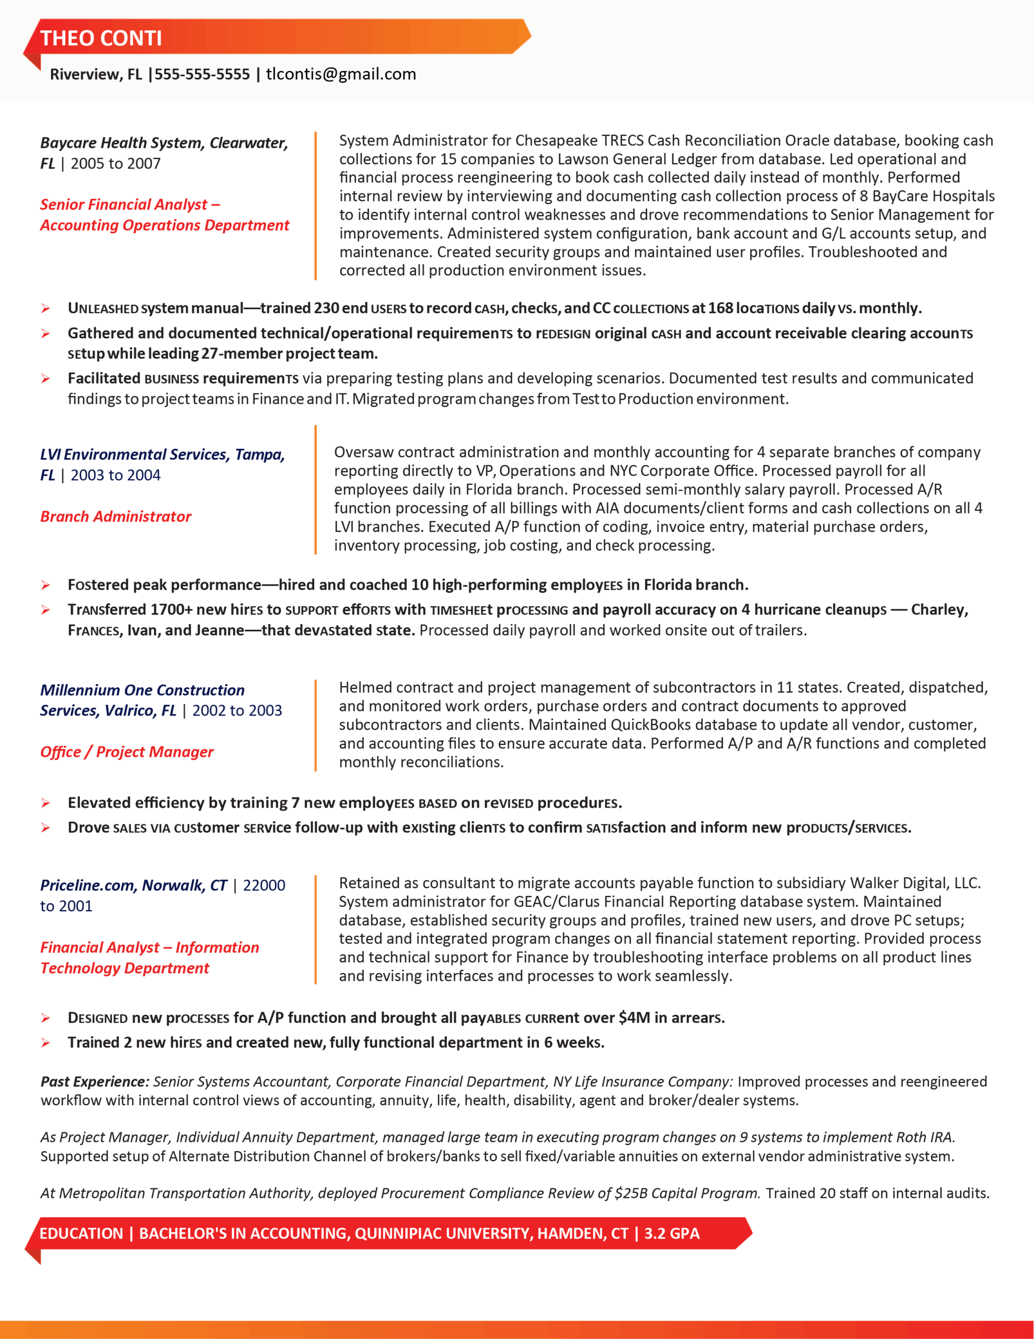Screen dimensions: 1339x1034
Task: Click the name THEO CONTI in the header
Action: tap(101, 38)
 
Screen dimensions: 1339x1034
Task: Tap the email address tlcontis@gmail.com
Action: tap(341, 74)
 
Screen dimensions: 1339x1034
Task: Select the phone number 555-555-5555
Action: tap(202, 74)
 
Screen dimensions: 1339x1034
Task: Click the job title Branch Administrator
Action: tap(116, 517)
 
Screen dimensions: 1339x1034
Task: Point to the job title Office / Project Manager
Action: tap(127, 752)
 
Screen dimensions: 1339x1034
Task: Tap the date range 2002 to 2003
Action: tap(237, 711)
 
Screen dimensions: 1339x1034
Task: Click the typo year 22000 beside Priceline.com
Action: tap(264, 886)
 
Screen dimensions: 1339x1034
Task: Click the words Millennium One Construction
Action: tap(142, 690)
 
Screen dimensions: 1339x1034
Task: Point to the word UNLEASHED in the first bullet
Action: tap(103, 309)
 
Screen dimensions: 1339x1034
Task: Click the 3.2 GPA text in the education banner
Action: tap(672, 1233)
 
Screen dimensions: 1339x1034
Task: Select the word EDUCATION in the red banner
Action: tap(82, 1233)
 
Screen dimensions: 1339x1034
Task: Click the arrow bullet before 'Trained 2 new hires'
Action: tap(46, 1043)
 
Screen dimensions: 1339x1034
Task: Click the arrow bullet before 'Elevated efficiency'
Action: tap(46, 803)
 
